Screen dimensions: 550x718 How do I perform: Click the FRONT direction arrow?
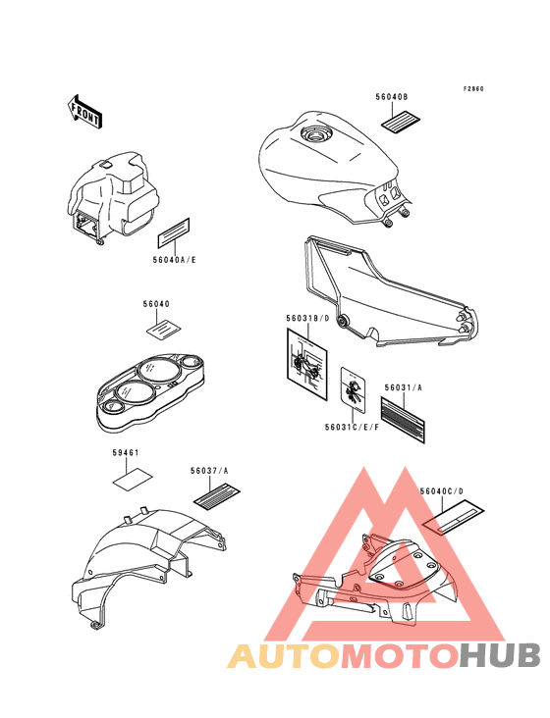[84, 111]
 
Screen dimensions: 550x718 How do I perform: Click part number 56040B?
[392, 97]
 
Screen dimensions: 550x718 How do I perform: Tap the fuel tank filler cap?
[315, 133]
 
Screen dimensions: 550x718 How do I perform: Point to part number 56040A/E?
[174, 260]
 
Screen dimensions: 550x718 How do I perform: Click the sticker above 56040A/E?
[174, 232]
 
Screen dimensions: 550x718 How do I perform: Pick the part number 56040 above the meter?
[156, 304]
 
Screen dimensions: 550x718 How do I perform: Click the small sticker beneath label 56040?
[163, 330]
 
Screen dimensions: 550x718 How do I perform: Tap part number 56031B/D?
[307, 318]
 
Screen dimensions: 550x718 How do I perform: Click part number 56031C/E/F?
[352, 428]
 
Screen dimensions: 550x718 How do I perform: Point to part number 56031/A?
[403, 387]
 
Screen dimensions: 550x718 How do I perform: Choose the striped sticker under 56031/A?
[403, 420]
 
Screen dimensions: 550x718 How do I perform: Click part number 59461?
[126, 453]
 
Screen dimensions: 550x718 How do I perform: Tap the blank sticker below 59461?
[133, 478]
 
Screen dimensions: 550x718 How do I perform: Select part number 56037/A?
[209, 470]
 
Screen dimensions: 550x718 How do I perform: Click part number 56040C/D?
[441, 491]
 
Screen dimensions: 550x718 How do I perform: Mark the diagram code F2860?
[473, 89]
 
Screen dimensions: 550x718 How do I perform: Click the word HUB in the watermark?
[500, 655]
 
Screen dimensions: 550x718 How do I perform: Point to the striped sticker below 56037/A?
[217, 496]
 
